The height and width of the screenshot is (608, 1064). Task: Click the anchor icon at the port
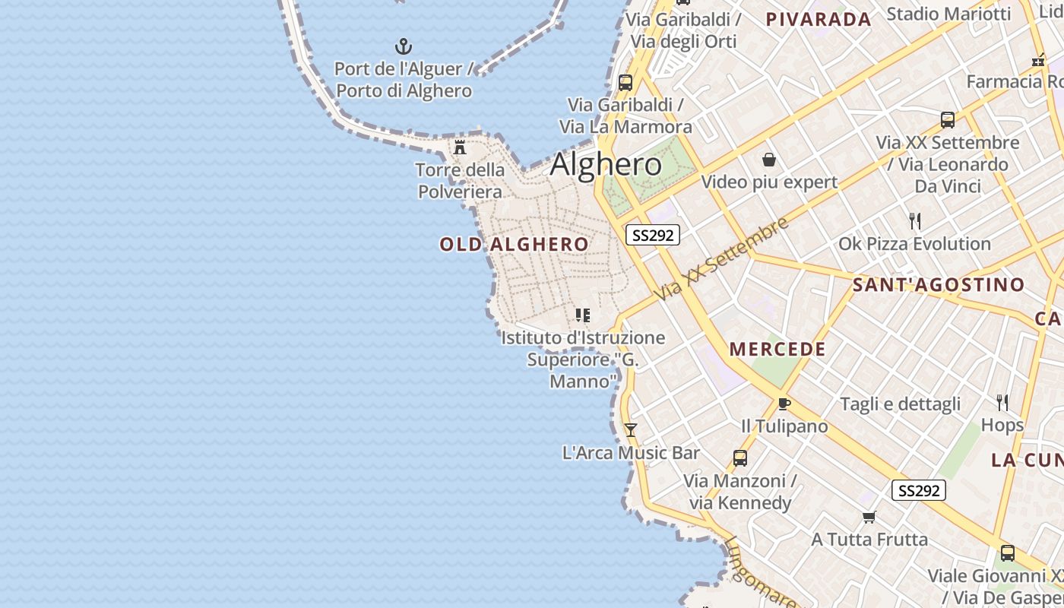[x=404, y=46]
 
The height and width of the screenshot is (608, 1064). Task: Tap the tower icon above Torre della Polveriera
[x=460, y=147]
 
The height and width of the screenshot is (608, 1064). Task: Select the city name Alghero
[x=606, y=164]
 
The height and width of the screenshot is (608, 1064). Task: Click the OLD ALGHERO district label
[x=514, y=244]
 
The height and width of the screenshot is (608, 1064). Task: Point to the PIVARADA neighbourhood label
[x=818, y=20]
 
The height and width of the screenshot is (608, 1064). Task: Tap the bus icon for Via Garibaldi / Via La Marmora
[x=625, y=83]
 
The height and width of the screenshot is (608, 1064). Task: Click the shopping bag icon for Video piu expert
[x=769, y=160]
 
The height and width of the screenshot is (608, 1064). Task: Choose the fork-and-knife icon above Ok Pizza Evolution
[x=915, y=221]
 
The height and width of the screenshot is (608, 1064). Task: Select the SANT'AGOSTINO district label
[x=939, y=285]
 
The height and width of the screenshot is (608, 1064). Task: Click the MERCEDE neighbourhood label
[x=777, y=350]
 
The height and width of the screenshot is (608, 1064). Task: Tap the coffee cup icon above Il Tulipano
[x=784, y=404]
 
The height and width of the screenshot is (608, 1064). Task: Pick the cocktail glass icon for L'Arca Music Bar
[x=630, y=430]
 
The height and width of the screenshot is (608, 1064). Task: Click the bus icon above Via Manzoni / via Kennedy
[x=739, y=458]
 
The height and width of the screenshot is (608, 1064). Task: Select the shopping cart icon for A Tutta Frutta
[x=869, y=517]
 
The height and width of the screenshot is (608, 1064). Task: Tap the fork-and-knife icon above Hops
[x=1002, y=402]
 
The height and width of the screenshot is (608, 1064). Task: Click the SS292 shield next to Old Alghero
[x=652, y=235]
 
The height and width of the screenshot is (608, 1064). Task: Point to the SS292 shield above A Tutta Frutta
[x=918, y=491]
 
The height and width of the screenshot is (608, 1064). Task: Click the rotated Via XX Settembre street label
[x=722, y=258]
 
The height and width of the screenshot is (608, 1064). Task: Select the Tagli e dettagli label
[x=900, y=404]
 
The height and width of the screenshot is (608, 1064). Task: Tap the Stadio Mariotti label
[x=948, y=14]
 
